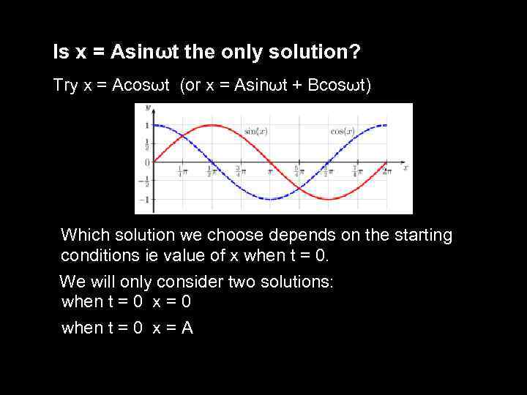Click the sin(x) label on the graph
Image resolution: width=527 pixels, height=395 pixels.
255,131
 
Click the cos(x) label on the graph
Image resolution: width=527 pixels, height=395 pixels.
342,131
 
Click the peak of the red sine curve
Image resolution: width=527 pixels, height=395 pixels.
211,125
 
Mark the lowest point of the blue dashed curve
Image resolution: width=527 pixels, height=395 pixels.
270,199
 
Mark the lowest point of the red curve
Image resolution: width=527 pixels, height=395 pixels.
329,199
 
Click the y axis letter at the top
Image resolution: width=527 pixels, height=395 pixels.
148,108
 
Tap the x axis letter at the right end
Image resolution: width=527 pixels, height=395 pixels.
405,168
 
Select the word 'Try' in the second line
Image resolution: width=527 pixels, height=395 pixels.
65,86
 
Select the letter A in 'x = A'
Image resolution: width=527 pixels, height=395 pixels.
187,328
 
